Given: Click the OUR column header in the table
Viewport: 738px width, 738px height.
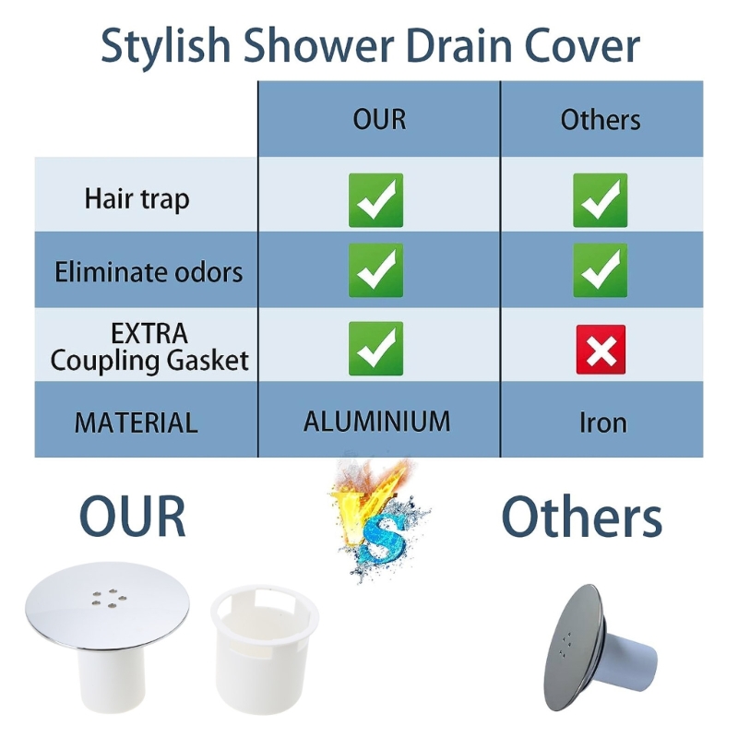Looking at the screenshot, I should pyautogui.click(x=379, y=119).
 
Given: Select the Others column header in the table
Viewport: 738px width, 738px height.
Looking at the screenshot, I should pyautogui.click(x=601, y=119).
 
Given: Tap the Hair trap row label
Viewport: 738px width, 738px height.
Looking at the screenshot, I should pyautogui.click(x=137, y=198).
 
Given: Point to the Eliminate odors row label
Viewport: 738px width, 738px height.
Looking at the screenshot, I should pyautogui.click(x=149, y=272).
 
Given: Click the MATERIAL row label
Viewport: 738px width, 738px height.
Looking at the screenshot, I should pyautogui.click(x=137, y=423).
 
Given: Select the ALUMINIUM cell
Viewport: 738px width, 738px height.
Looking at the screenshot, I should pyautogui.click(x=377, y=422).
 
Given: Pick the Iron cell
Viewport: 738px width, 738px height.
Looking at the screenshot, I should pyautogui.click(x=603, y=423).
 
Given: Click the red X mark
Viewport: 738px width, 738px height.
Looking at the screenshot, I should pyautogui.click(x=601, y=349).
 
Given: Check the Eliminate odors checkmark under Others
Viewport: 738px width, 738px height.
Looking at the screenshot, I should pyautogui.click(x=601, y=270).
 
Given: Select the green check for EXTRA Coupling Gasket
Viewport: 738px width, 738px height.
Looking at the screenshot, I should pyautogui.click(x=375, y=348).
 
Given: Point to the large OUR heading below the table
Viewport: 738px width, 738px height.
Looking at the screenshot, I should pyautogui.click(x=132, y=515).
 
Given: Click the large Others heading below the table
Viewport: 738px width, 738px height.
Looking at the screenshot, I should pyautogui.click(x=581, y=517).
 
